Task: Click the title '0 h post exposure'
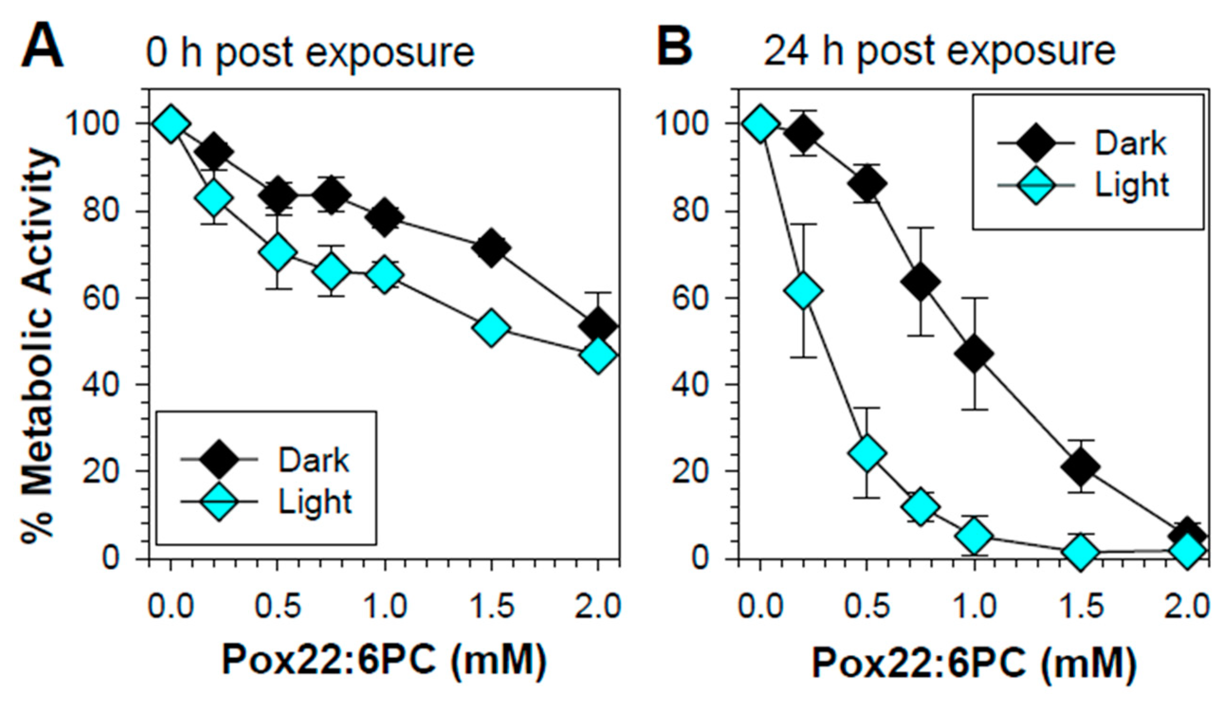[x=310, y=52]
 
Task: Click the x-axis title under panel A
[x=384, y=660]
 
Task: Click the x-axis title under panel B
[x=974, y=663]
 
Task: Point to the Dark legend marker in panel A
[x=219, y=459]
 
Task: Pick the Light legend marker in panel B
[x=1036, y=185]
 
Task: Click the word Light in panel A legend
[x=315, y=502]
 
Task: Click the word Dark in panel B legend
[x=1130, y=144]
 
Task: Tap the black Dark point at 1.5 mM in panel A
[x=491, y=248]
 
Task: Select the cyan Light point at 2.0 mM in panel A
[x=598, y=355]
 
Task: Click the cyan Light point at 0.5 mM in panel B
[x=867, y=452]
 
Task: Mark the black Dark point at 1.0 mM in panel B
[x=974, y=353]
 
